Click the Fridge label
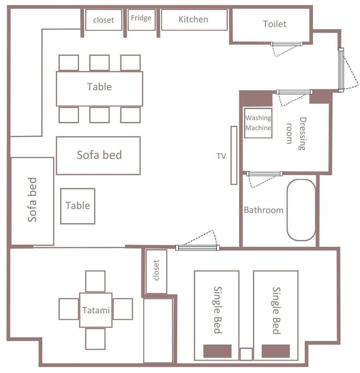(141, 18)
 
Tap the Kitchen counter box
(194, 20)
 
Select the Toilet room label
(274, 24)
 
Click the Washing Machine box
(258, 123)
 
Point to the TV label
(221, 156)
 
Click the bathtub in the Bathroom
(301, 210)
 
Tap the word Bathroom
(264, 210)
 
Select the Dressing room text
(296, 134)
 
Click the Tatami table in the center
(96, 310)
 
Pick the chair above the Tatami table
(95, 281)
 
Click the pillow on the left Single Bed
(217, 351)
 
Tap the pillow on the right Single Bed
(276, 351)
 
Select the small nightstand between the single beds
(246, 354)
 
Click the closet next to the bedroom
(156, 272)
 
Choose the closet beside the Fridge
(103, 20)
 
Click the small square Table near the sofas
(78, 206)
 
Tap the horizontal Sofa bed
(98, 156)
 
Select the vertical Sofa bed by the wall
(32, 201)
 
